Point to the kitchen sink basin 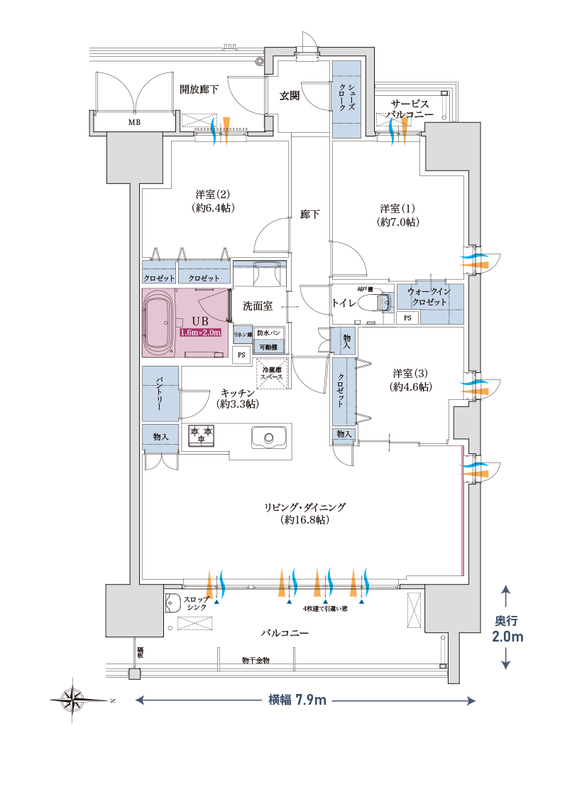tap(268, 437)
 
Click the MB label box tap(134, 122)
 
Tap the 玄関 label tap(289, 95)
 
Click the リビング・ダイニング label tap(305, 514)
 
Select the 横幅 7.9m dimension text tap(297, 700)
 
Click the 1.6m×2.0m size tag tap(201, 332)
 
